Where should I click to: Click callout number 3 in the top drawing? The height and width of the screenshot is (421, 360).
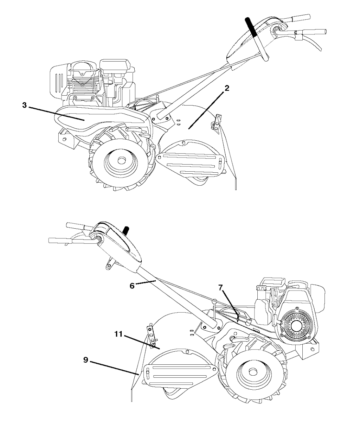tap(24, 105)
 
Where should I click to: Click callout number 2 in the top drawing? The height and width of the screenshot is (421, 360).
tap(227, 88)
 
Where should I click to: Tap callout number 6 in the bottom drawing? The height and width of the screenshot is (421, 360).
tap(132, 286)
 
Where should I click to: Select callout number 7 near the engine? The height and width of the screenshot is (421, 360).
tap(221, 288)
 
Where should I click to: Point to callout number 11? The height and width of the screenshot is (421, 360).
tap(118, 334)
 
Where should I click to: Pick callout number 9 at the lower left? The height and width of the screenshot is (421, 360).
tap(86, 360)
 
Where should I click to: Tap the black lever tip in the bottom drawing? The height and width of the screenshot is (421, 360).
tap(126, 230)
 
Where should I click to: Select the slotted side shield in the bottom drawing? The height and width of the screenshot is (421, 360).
tap(180, 374)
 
